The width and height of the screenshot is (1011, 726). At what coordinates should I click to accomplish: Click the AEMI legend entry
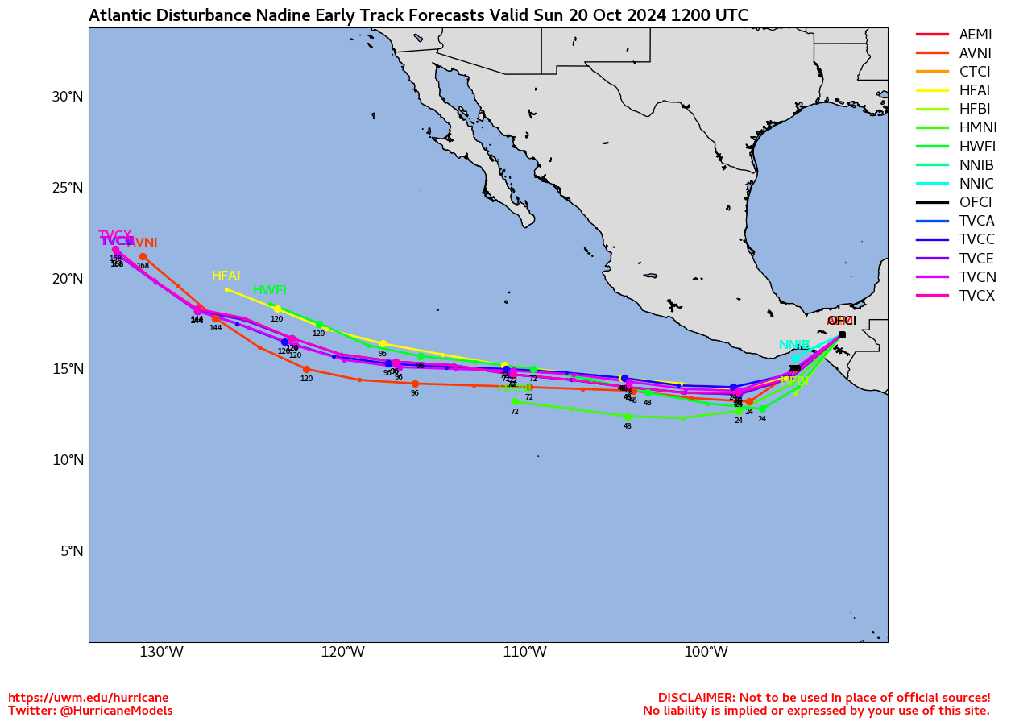point(975,35)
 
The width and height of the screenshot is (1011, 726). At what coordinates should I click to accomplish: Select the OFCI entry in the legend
point(975,202)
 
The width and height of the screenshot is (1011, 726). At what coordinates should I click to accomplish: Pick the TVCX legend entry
point(977,296)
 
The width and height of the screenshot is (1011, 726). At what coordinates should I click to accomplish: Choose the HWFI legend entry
point(977,147)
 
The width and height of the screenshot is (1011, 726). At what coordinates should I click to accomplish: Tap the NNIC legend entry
point(976,184)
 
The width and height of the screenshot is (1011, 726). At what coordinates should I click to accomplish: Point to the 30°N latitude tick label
point(68,97)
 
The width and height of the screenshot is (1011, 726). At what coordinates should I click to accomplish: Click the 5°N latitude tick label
point(73,551)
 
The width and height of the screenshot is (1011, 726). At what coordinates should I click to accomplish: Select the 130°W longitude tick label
point(161,652)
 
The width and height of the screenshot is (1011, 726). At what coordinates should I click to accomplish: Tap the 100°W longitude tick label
point(706,652)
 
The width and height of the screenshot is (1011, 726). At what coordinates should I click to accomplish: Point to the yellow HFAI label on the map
point(226,276)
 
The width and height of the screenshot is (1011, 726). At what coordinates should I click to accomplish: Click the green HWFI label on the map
point(269,290)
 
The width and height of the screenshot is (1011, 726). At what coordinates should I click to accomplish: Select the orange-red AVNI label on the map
point(142,243)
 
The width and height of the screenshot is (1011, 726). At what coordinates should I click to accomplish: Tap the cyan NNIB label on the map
point(794,345)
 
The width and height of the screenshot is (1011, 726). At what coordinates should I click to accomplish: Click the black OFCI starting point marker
point(842,334)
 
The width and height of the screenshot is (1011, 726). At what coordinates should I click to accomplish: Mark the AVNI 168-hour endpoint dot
point(143,257)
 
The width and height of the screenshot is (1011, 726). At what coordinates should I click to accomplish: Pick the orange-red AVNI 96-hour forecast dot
point(415,384)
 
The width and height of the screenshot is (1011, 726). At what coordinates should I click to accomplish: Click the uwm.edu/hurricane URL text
point(89,698)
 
